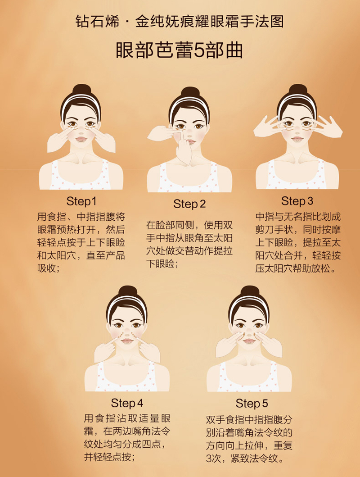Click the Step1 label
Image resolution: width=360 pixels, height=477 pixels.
pyautogui.click(x=81, y=201)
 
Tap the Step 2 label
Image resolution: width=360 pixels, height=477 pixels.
pyautogui.click(x=189, y=204)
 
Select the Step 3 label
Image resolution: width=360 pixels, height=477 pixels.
pyautogui.click(x=297, y=201)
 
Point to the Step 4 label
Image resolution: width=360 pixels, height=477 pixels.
pyautogui.click(x=127, y=403)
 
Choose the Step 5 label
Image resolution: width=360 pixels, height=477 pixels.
pyautogui.click(x=252, y=404)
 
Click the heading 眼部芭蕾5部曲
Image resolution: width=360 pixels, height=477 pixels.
pyautogui.click(x=180, y=50)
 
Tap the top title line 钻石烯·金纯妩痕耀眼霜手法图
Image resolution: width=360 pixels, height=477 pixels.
pyautogui.click(x=180, y=22)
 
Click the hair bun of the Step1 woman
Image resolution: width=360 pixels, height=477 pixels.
pyautogui.click(x=81, y=90)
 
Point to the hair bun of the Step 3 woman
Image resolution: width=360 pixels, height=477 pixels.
pyautogui.click(x=298, y=90)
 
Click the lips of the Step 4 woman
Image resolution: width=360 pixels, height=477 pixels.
pyautogui.click(x=127, y=341)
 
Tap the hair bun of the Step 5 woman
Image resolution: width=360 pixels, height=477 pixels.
pyautogui.click(x=249, y=291)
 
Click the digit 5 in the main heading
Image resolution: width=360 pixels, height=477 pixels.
pyautogui.click(x=199, y=50)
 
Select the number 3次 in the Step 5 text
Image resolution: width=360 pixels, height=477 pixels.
pyautogui.click(x=213, y=459)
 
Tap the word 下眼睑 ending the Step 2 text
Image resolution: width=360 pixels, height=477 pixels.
pyautogui.click(x=160, y=263)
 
